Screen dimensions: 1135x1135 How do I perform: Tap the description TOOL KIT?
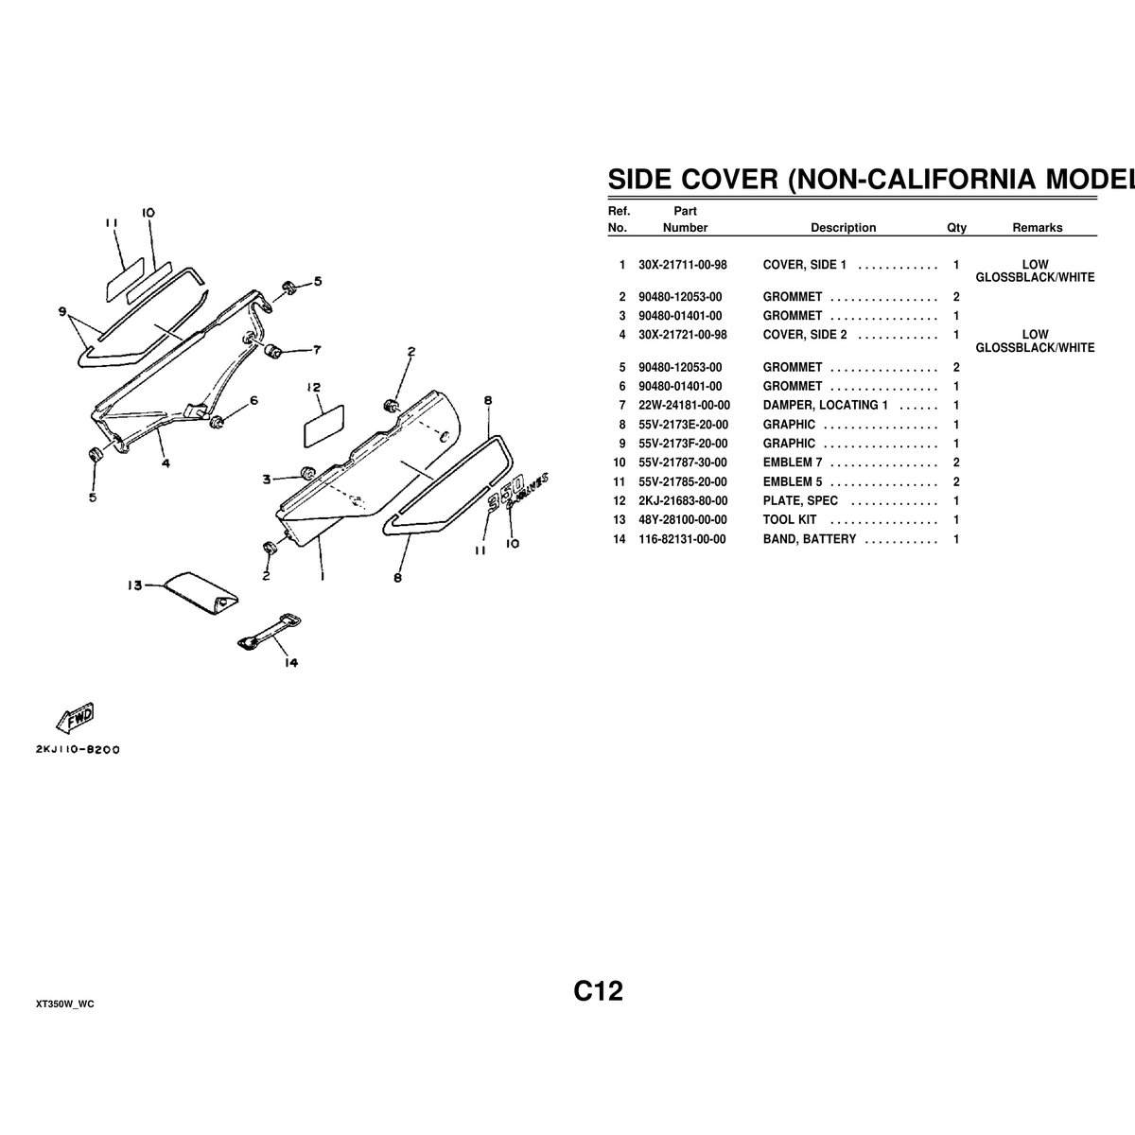click(790, 520)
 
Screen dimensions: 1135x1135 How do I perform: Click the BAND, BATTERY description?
click(810, 539)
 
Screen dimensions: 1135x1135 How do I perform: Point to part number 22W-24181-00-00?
click(684, 406)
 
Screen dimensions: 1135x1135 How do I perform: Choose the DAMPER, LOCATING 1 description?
click(825, 406)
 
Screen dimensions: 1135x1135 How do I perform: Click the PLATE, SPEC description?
click(800, 501)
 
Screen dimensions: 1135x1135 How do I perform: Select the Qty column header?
click(956, 228)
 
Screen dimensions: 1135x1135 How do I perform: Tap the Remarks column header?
click(1037, 228)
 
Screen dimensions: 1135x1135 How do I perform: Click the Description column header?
click(843, 228)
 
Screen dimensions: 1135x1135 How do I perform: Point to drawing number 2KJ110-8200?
click(79, 749)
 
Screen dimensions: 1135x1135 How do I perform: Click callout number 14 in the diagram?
click(290, 663)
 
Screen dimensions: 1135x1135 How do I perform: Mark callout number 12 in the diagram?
click(314, 388)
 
